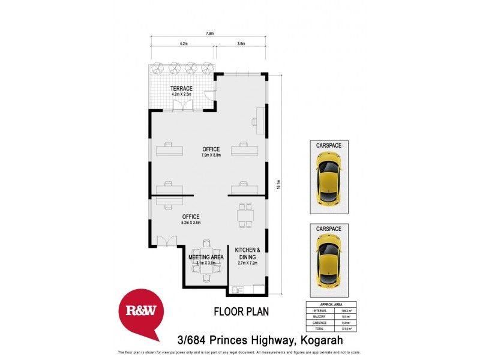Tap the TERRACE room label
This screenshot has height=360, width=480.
[181, 88]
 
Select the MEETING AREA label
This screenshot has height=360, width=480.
[206, 257]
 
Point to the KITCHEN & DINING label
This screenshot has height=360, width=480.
[247, 253]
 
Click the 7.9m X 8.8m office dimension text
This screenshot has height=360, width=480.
[211, 155]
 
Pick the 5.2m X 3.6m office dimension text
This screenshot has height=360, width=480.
[190, 223]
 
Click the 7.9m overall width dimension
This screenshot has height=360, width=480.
[209, 34]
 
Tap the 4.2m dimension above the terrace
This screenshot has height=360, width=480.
[184, 44]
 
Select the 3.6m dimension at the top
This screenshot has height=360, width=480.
[241, 44]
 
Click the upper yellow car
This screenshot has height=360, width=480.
[329, 181]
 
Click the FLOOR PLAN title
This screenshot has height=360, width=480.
[241, 311]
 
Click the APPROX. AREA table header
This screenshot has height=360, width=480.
[331, 304]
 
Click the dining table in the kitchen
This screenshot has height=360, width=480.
[244, 215]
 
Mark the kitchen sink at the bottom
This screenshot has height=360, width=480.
[236, 290]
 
